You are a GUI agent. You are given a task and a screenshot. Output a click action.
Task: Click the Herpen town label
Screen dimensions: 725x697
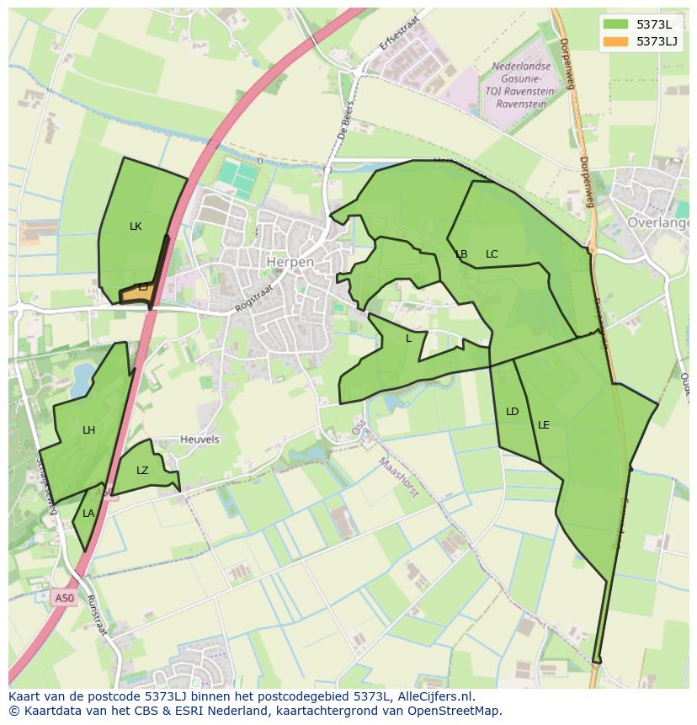pos(290,262)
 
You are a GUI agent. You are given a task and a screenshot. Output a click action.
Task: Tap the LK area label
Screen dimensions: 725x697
pos(136,227)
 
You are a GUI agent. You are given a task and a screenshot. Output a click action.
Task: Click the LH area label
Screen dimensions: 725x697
pos(88,430)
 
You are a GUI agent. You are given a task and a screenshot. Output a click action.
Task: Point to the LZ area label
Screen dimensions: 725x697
pos(142,471)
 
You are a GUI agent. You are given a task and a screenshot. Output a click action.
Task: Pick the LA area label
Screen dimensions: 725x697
pos(88,514)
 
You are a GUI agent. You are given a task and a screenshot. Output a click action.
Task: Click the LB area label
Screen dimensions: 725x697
pos(461,254)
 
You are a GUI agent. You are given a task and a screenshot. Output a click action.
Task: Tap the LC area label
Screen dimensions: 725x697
pos(492,254)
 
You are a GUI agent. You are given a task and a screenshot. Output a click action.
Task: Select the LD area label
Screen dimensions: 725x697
pos(512,412)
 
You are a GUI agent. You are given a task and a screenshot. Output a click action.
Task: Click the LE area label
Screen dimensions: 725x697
pos(544,425)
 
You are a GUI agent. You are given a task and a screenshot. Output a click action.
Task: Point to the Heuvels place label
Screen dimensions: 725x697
pos(200,440)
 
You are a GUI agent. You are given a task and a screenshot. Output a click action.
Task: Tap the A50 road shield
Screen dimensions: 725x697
pos(64,599)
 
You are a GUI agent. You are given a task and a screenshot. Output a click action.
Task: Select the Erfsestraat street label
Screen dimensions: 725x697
pos(399,30)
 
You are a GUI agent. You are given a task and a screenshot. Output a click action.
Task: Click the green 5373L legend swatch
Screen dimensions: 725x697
pos(616,24)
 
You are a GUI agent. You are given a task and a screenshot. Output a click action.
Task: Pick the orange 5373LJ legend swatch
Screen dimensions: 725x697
pos(616,41)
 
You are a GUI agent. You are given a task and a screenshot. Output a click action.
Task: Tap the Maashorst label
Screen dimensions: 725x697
pos(397,477)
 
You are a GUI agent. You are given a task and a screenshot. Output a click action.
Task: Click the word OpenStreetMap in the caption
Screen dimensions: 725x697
pos(455,711)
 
